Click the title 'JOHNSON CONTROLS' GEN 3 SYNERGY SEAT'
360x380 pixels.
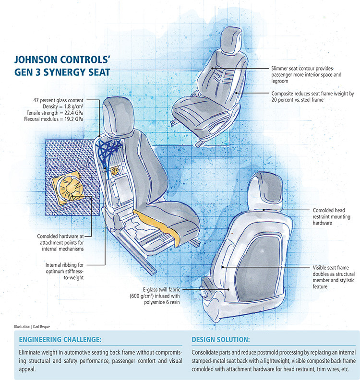62,66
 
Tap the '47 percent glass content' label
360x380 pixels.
58,100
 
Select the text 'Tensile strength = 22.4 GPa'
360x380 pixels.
55,113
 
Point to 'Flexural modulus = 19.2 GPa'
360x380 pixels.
54,119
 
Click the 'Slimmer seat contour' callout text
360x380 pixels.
306,75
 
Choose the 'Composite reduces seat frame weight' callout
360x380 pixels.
312,96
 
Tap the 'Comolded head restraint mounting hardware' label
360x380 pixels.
331,216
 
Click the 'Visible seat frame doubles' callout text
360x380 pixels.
333,277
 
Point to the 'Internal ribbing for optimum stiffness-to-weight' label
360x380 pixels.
64,271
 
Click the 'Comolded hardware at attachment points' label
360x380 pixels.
60,242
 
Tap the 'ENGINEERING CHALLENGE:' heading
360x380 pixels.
60,339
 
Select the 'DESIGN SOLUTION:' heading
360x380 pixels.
221,339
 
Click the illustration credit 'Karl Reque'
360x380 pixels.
41,327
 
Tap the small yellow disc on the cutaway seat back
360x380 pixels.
115,171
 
